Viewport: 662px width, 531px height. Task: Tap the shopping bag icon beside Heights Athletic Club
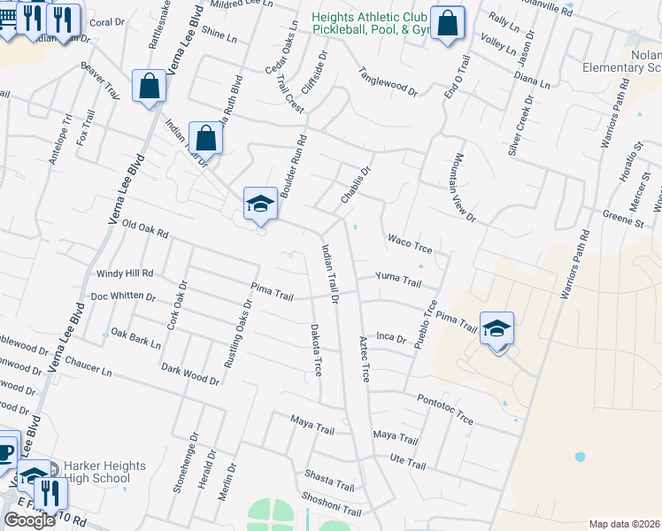click(x=448, y=24)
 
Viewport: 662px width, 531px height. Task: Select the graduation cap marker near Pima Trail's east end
click(x=497, y=329)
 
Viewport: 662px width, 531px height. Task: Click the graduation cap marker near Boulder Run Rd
click(x=260, y=204)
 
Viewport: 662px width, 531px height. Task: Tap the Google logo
click(x=29, y=520)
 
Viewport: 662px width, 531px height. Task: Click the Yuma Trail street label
click(x=398, y=281)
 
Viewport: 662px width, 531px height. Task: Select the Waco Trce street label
click(x=408, y=239)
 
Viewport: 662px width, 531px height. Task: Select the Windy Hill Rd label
click(x=125, y=273)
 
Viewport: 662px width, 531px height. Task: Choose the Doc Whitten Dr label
click(x=123, y=297)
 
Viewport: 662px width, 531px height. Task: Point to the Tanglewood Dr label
click(x=388, y=81)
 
